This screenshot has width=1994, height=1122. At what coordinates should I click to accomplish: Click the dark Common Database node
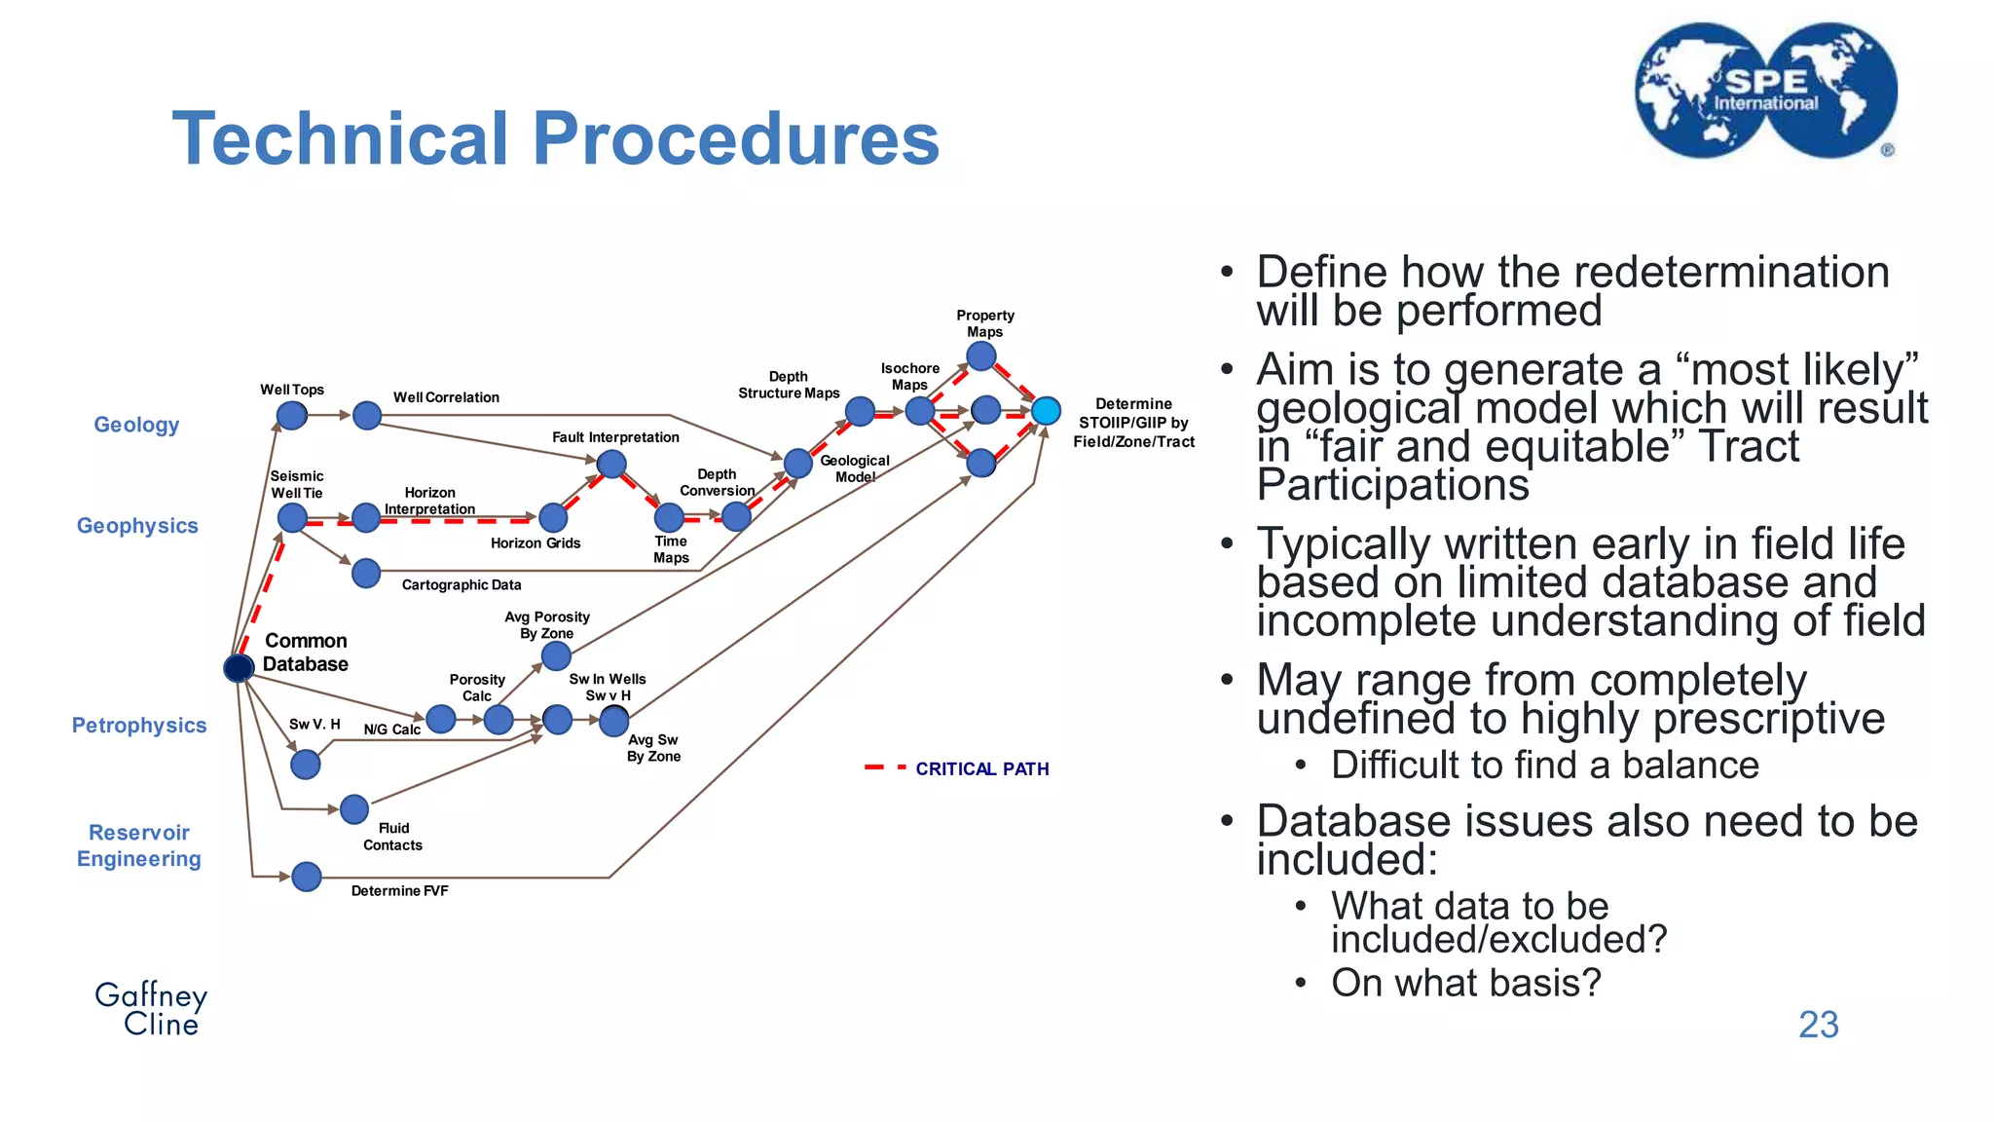239,668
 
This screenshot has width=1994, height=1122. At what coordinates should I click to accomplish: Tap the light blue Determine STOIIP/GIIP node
1046,411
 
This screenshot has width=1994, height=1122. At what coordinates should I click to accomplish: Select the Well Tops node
292,416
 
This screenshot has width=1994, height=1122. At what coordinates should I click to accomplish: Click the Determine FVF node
307,877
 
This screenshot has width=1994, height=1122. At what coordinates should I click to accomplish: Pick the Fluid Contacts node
354,808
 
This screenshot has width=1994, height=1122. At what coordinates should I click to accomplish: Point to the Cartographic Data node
366,573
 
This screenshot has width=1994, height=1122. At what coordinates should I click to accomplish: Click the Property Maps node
981,356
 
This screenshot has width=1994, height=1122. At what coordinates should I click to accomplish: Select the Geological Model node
798,464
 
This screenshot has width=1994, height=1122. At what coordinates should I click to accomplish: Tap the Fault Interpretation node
611,464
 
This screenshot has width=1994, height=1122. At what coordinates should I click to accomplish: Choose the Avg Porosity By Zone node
556,655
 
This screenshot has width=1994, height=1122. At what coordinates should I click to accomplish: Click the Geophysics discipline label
137,526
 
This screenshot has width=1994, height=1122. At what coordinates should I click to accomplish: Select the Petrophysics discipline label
139,726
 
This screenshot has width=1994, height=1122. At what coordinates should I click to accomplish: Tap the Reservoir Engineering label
139,845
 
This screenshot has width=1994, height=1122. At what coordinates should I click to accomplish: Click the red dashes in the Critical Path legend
885,767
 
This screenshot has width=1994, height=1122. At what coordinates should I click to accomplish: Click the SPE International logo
1766,91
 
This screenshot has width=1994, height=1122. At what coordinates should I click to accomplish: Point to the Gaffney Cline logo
151,1009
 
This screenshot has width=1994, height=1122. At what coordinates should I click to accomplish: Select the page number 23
1819,1025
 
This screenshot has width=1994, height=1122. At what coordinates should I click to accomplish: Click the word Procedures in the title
736,138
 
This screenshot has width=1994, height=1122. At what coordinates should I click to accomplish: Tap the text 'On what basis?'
1466,983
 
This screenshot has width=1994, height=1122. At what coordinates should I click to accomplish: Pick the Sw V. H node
306,765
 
